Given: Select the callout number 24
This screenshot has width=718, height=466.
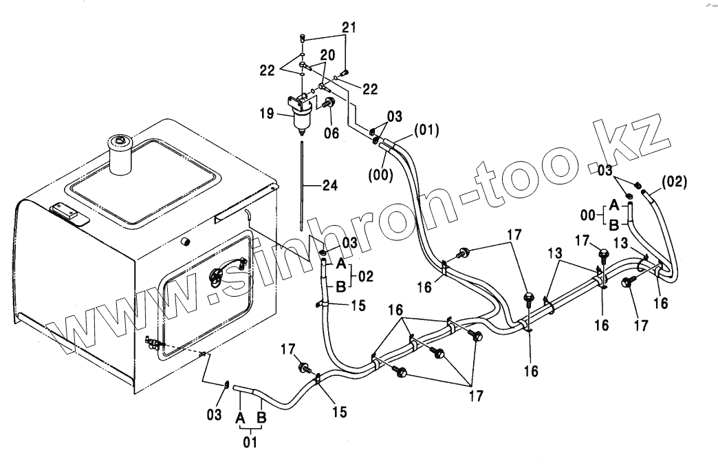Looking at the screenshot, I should pos(329,184).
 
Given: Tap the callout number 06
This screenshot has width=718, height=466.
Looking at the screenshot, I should pos(331,133).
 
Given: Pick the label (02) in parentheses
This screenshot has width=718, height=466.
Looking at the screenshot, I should pos(673,183).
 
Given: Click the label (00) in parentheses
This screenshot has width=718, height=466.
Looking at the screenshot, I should pos(380,174).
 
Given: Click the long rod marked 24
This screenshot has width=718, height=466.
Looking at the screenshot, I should pos(301,186).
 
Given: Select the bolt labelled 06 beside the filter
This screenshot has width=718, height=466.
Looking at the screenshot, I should pos(329,103).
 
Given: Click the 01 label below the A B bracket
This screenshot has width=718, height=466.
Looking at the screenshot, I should pos(250,443).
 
